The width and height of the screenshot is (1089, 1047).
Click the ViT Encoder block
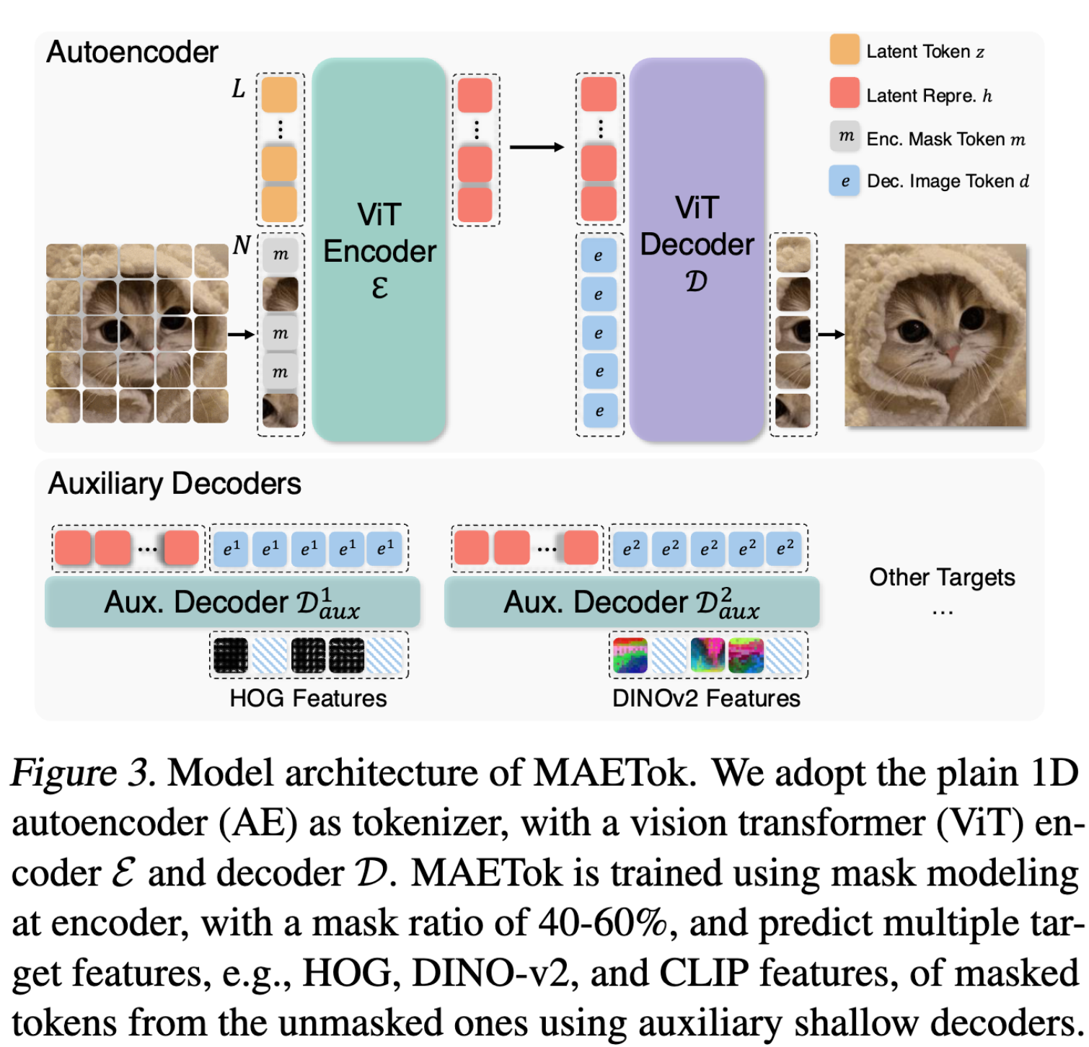379,249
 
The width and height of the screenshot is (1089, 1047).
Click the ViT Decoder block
696,249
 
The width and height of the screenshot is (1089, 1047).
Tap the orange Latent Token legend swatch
845,50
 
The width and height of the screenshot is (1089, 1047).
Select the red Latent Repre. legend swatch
845,93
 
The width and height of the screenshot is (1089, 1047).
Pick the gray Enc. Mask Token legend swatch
845,136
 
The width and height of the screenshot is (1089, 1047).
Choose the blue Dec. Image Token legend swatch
845,180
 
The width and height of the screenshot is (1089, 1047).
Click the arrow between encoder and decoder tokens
537,147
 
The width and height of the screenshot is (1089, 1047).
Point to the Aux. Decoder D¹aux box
232,602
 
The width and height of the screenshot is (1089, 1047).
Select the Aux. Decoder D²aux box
632,602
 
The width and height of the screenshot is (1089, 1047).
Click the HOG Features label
308,698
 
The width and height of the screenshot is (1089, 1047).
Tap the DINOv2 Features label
706,698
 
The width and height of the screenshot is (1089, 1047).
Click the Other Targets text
942,578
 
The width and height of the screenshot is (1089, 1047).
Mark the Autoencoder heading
132,52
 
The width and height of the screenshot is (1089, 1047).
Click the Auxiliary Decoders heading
175,483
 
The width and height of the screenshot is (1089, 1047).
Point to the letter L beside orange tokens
239,89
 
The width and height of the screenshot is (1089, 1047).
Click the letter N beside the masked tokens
242,246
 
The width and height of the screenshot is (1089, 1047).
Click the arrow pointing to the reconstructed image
831,334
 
